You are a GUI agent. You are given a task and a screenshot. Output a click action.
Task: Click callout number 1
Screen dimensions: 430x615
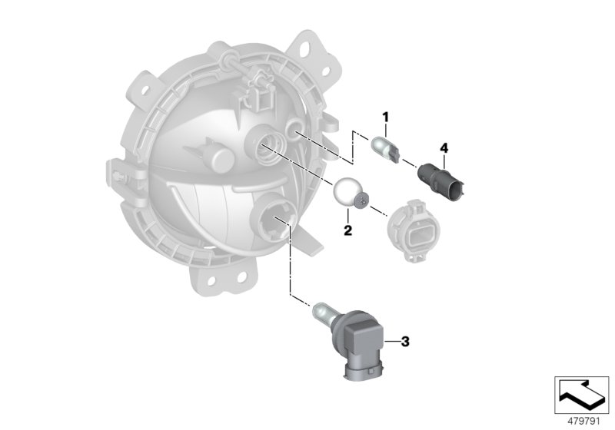387,117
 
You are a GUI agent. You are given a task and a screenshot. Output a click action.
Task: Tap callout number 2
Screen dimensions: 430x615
347,230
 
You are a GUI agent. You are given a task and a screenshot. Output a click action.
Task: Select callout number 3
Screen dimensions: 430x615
406,340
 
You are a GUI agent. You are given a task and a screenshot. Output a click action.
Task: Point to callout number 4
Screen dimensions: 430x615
444,146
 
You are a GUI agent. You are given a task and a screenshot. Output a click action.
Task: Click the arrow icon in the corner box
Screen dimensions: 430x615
580,395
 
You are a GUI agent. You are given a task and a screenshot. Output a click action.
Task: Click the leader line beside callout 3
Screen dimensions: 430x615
391,340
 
